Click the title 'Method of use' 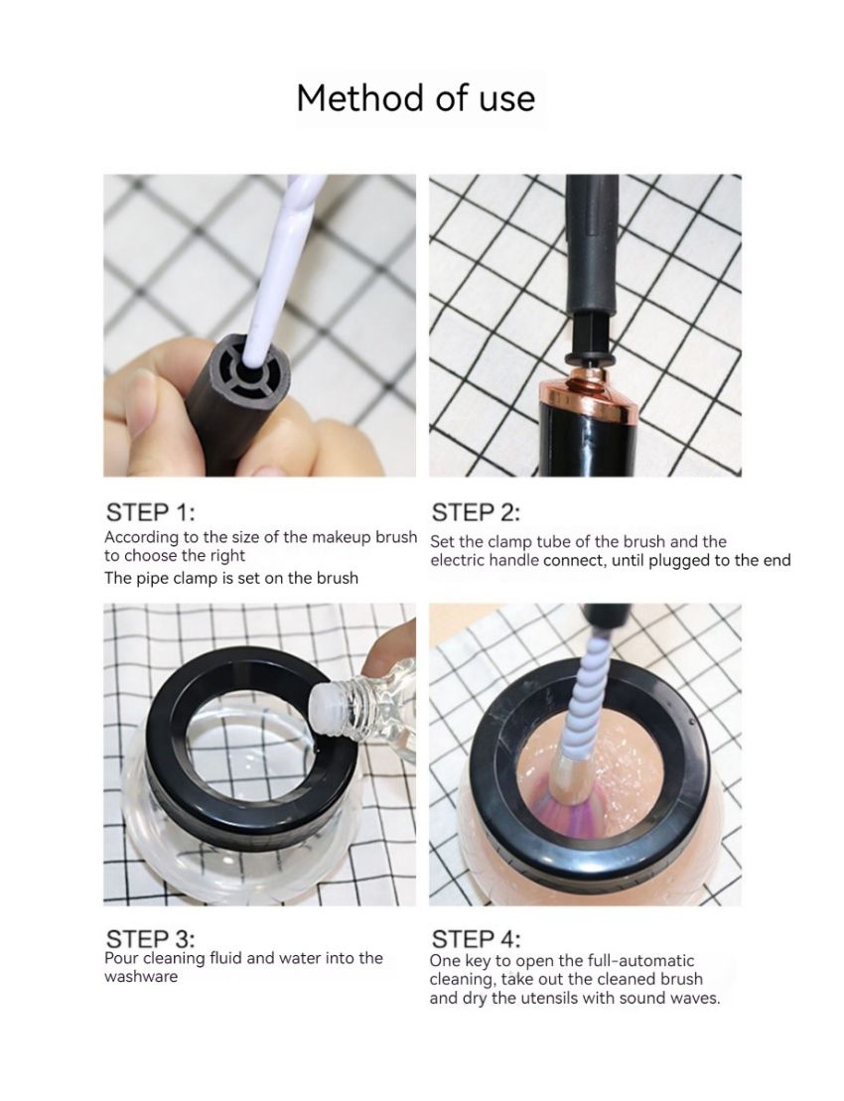click(x=415, y=98)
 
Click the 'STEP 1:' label click(x=151, y=512)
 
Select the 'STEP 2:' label click(x=477, y=512)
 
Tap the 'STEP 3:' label click(x=151, y=938)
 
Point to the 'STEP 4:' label click(x=477, y=938)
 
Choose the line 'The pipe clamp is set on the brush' click(x=231, y=577)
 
